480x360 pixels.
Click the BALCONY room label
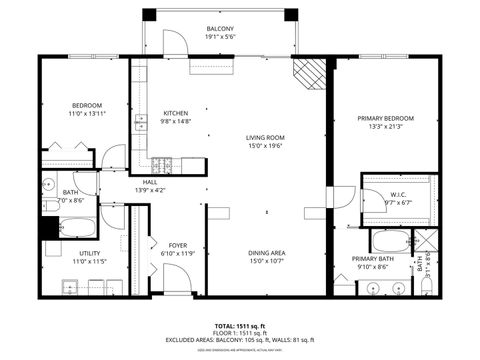[x=220, y=29]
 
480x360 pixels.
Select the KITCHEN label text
[x=175, y=114]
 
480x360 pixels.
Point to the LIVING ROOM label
[x=266, y=138]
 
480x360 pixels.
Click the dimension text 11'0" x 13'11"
[x=86, y=115]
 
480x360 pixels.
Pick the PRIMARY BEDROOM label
[x=385, y=118]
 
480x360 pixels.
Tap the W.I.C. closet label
[x=397, y=195]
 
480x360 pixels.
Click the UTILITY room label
[x=89, y=254]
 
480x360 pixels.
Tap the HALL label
[x=149, y=182]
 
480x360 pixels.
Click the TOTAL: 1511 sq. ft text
[x=240, y=326]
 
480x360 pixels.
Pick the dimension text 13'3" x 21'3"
[x=385, y=127]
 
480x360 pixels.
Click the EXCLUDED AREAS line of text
[x=240, y=340]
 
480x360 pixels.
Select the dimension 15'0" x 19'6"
[x=266, y=147]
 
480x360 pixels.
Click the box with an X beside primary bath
[x=424, y=241]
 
